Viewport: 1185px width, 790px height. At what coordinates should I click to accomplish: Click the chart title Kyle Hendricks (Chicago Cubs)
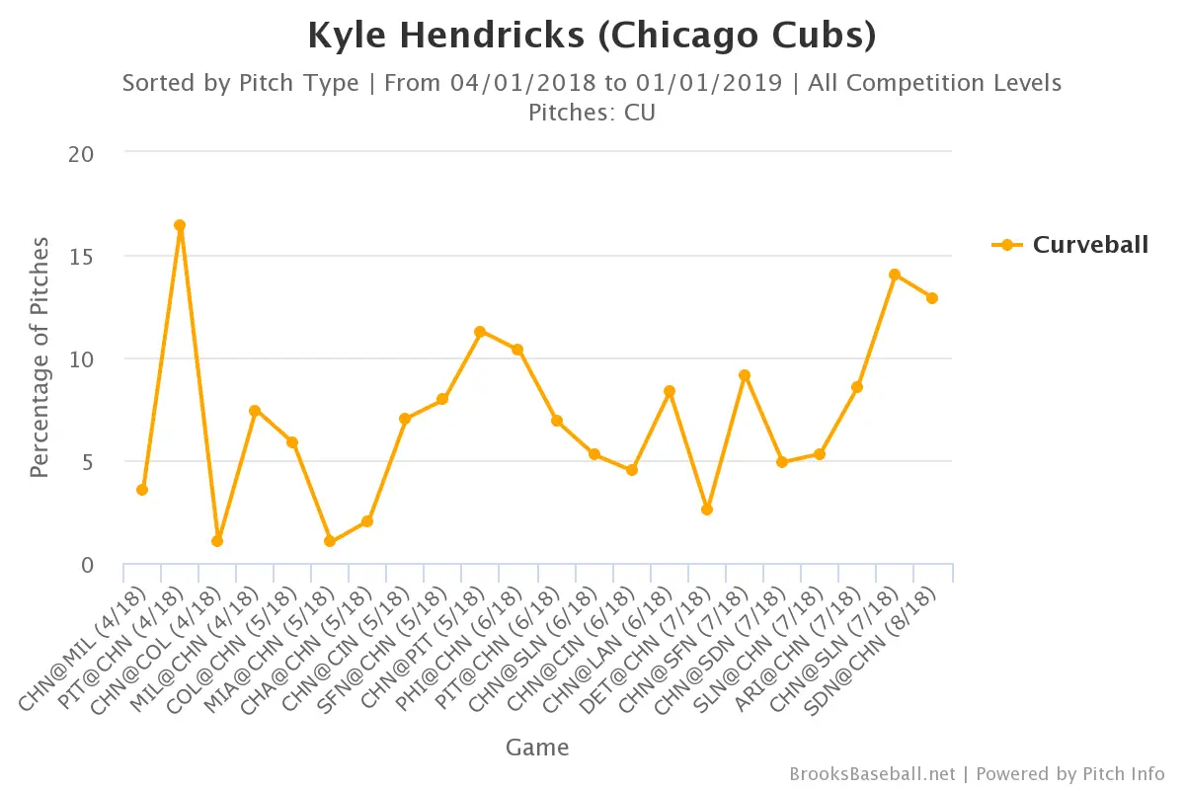point(592,36)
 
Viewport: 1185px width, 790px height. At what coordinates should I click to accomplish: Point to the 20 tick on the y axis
point(82,154)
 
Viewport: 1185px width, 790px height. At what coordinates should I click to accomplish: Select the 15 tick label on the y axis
point(82,257)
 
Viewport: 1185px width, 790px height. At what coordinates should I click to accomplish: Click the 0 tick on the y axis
point(87,565)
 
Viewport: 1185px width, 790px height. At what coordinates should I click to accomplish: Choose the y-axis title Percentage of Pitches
point(39,357)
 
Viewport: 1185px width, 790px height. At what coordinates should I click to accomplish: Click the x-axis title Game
point(537,747)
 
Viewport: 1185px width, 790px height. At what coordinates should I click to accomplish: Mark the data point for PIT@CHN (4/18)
point(180,225)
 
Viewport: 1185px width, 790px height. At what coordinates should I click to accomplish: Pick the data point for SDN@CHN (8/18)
point(932,298)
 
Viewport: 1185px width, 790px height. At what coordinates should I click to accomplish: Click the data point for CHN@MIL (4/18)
point(142,490)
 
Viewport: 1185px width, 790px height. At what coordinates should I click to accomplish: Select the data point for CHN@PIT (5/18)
point(480,332)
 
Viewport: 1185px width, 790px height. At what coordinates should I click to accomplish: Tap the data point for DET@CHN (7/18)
point(707,510)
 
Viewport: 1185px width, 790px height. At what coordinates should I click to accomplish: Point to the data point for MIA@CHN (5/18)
point(330,541)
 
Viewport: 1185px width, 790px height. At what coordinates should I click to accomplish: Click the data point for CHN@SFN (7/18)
point(745,375)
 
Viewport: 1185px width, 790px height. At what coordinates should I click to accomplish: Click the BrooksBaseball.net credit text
point(872,773)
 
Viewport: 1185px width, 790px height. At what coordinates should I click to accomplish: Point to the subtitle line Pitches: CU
point(592,113)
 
